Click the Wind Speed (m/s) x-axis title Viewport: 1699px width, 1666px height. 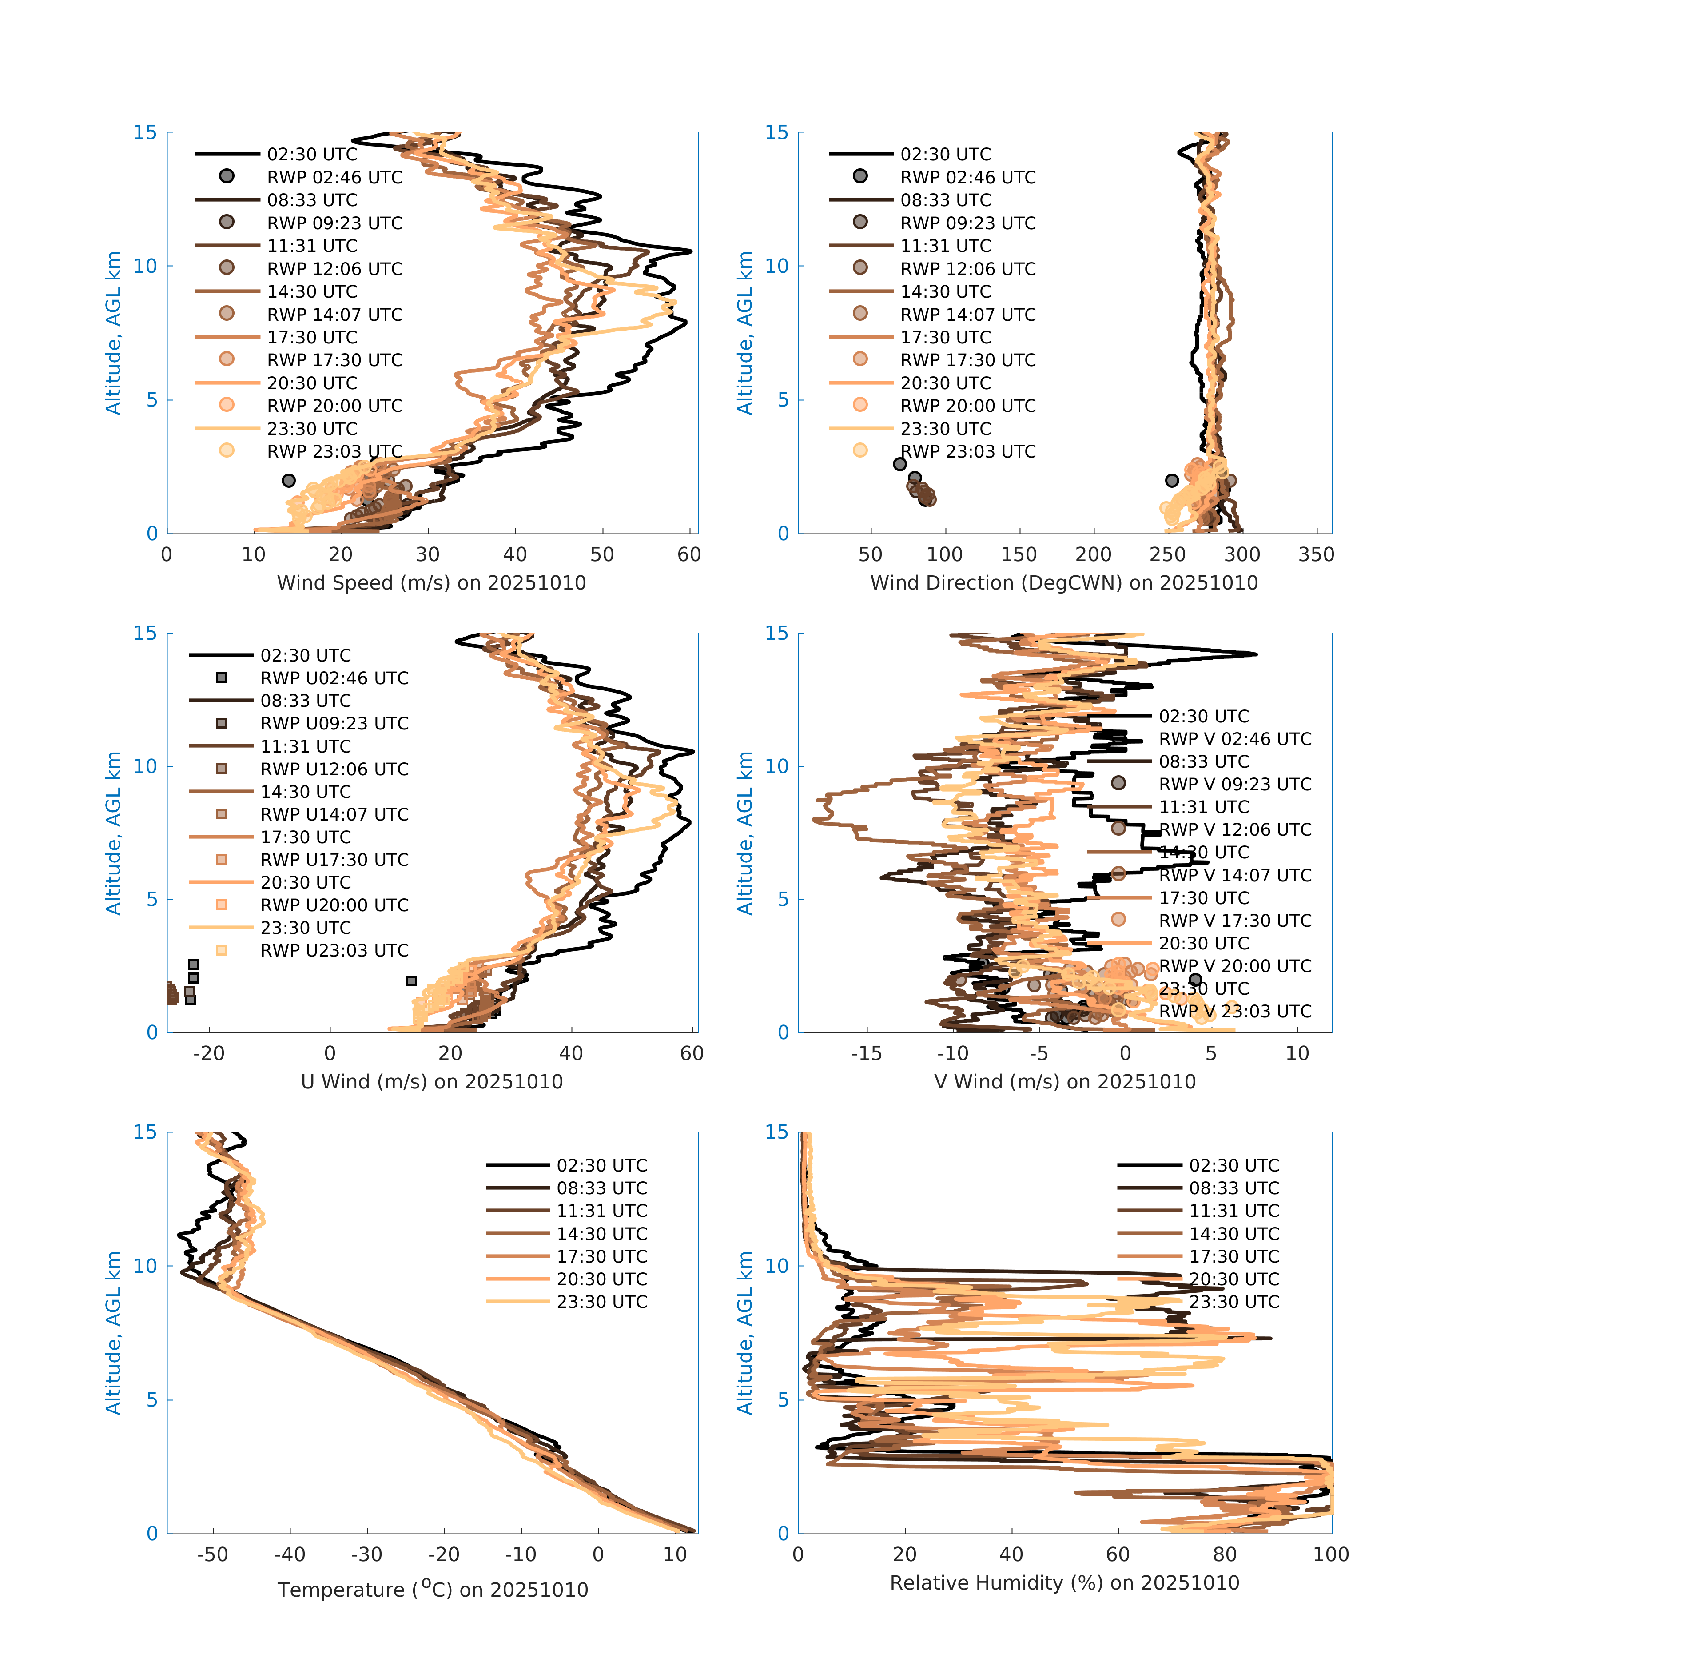(x=431, y=583)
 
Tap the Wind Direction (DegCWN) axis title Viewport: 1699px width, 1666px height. (x=1064, y=583)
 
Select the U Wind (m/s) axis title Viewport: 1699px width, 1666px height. (x=431, y=1081)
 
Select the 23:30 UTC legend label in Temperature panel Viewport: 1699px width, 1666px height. (x=602, y=1302)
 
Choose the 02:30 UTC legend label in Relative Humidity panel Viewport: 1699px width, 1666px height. (x=1233, y=1165)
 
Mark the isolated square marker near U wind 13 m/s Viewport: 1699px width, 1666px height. (x=411, y=981)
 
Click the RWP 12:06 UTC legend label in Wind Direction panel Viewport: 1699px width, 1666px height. (x=967, y=269)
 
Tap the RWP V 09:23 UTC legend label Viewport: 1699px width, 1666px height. (x=1235, y=784)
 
